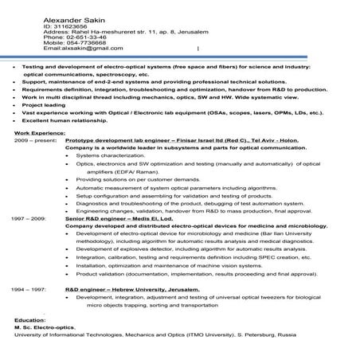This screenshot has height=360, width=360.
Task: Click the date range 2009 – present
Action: [34, 140]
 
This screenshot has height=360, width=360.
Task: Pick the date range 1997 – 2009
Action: [29, 217]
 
